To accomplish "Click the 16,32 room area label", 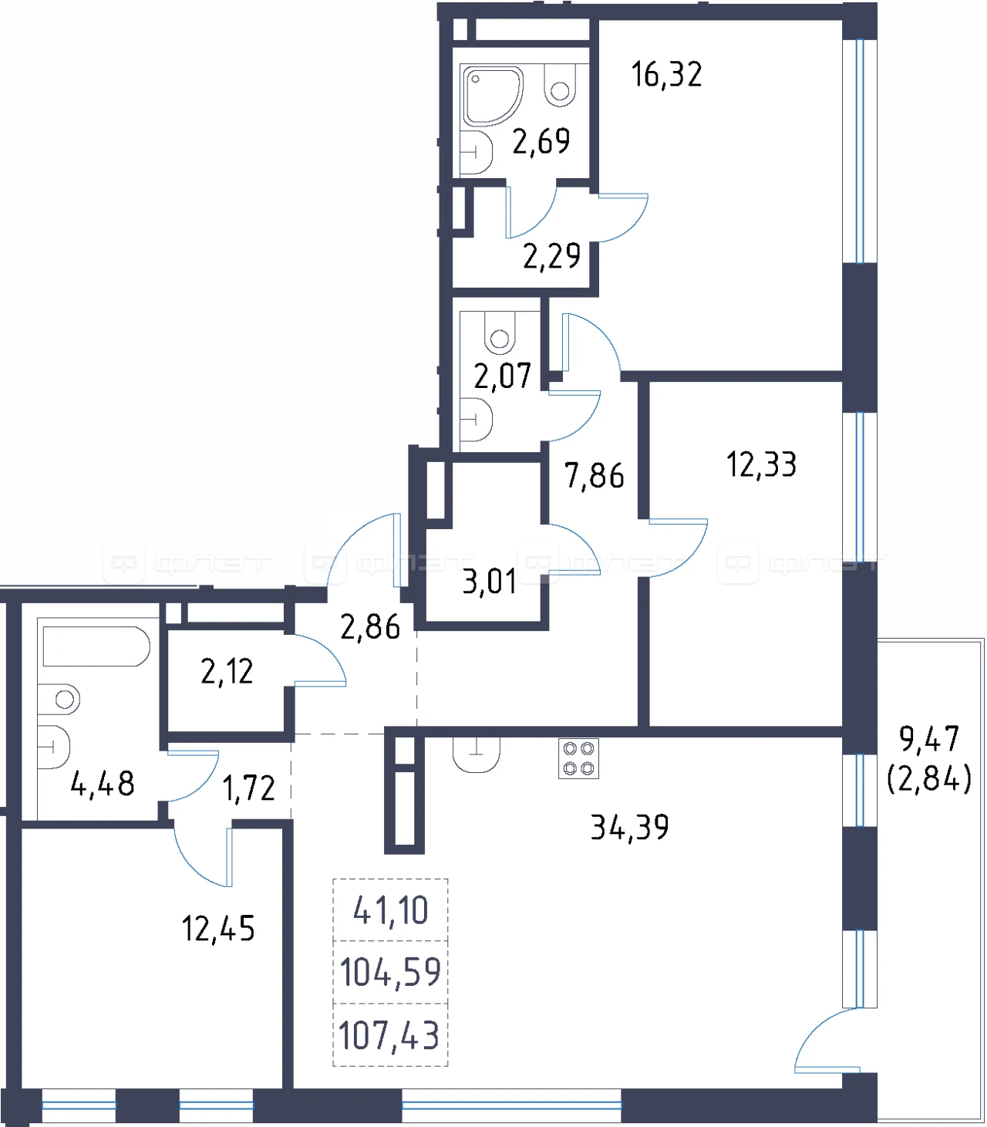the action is point(666,75).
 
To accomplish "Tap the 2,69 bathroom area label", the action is point(541,141).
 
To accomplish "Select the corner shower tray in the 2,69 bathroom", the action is point(490,96).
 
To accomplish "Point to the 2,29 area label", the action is point(551,256).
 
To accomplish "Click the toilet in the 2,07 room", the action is point(500,332).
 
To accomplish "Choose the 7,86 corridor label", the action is point(595,476).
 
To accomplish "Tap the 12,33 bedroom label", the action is point(761,464).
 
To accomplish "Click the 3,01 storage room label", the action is point(490,582).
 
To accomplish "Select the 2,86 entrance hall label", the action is point(370,627).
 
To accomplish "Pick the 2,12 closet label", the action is point(227,671).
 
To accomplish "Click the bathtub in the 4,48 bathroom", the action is point(96,646).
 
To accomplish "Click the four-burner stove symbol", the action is point(578,758).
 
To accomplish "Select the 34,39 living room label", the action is point(629,827).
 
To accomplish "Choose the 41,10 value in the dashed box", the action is point(390,910).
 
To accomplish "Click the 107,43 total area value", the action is point(389,1036).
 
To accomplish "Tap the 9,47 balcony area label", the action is point(929,739).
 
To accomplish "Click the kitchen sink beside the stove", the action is point(476,755).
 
